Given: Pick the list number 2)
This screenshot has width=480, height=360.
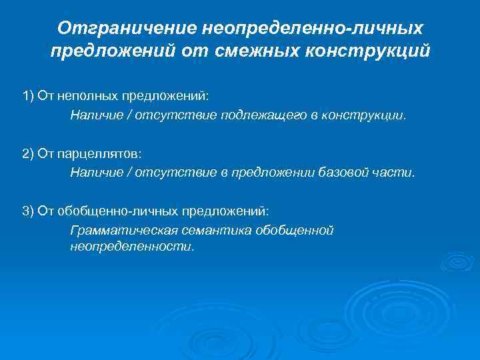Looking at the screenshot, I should (28, 153).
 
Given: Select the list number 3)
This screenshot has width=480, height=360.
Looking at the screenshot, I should (28, 211).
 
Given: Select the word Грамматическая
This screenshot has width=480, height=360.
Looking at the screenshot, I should (123, 231).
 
